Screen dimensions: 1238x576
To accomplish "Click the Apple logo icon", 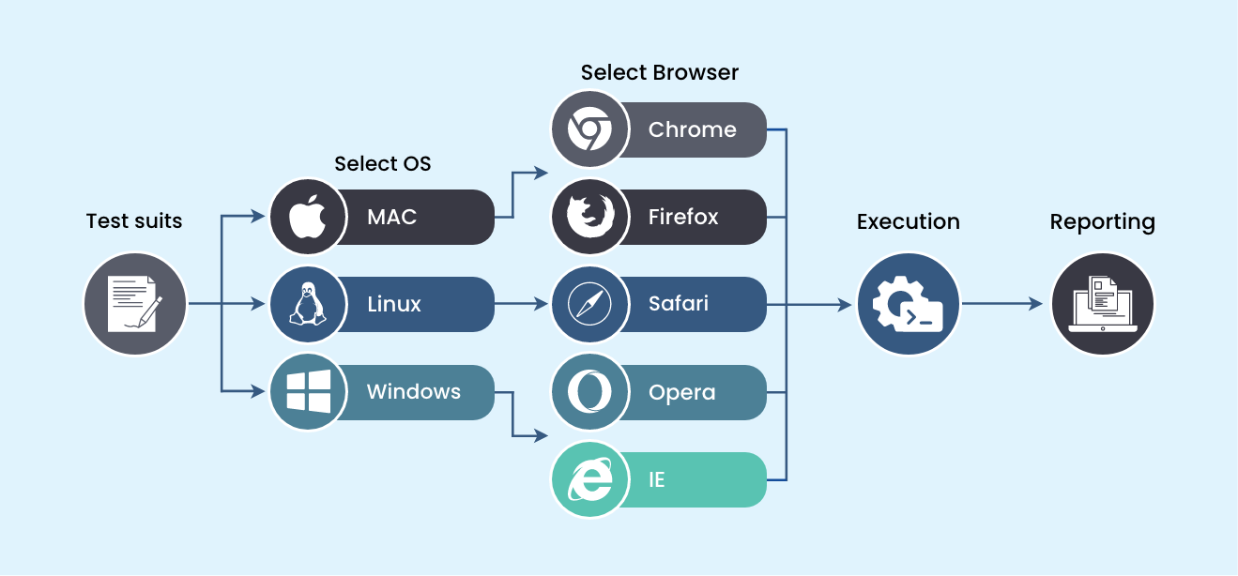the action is [x=308, y=217].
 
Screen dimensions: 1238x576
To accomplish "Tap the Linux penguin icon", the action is [x=308, y=304].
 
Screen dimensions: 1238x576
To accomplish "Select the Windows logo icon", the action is [x=309, y=391].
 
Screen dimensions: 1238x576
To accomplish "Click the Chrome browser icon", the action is [x=589, y=129].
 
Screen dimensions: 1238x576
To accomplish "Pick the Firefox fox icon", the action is [x=590, y=217].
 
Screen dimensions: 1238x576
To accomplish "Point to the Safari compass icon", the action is [x=589, y=304].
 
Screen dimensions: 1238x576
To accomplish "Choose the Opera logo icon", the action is [x=589, y=391].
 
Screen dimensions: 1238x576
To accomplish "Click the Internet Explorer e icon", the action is [x=589, y=479].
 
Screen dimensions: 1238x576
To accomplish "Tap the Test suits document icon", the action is [x=135, y=304].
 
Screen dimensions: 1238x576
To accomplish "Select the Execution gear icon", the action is [x=908, y=304].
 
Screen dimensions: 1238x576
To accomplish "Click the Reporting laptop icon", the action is [x=1103, y=304].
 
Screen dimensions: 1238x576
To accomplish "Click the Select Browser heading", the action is [x=659, y=72].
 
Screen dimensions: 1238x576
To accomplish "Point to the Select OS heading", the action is [x=382, y=163].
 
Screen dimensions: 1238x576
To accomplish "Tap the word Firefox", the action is [x=683, y=217].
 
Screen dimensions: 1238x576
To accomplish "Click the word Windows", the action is [x=413, y=391].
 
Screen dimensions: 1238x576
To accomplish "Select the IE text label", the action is [x=657, y=479].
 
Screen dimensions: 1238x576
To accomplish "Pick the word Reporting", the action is [x=1103, y=222].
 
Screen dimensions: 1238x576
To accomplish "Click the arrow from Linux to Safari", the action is [x=521, y=304].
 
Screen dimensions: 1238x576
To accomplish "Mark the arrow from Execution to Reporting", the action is [x=1002, y=304].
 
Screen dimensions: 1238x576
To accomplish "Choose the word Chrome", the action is [x=692, y=129].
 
